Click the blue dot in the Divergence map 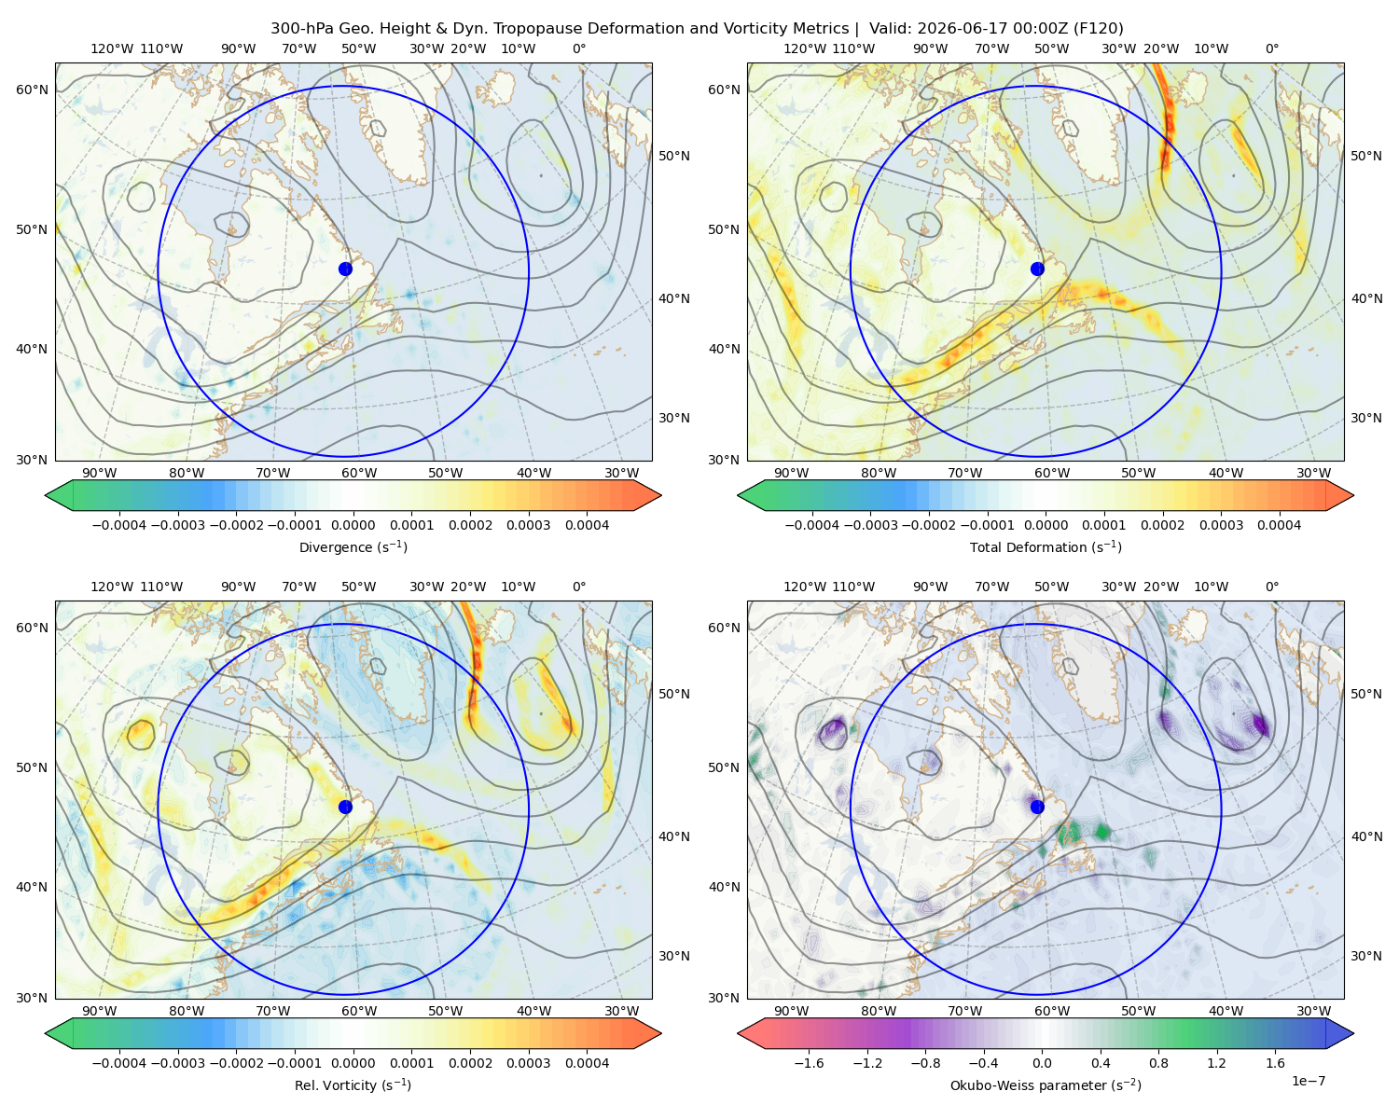tap(345, 269)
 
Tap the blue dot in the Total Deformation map tap(1037, 269)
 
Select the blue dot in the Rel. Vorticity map tap(345, 807)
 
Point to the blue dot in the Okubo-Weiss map tap(1037, 807)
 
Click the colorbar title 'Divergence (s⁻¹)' tap(353, 546)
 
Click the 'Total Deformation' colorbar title tap(1046, 546)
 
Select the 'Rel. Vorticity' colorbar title tap(353, 1085)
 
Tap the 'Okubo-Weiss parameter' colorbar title tap(1046, 1085)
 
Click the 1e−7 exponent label tap(1308, 1081)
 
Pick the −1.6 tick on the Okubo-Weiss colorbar tap(809, 1063)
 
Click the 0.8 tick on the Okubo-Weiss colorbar tap(1158, 1063)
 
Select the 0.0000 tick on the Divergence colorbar tap(353, 525)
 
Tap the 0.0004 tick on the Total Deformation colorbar tap(1279, 525)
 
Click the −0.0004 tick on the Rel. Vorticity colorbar tap(119, 1063)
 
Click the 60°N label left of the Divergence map tap(32, 90)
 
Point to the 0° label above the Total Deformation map tap(1271, 48)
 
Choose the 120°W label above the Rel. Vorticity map tap(112, 587)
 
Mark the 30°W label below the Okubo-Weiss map tap(1313, 1011)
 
